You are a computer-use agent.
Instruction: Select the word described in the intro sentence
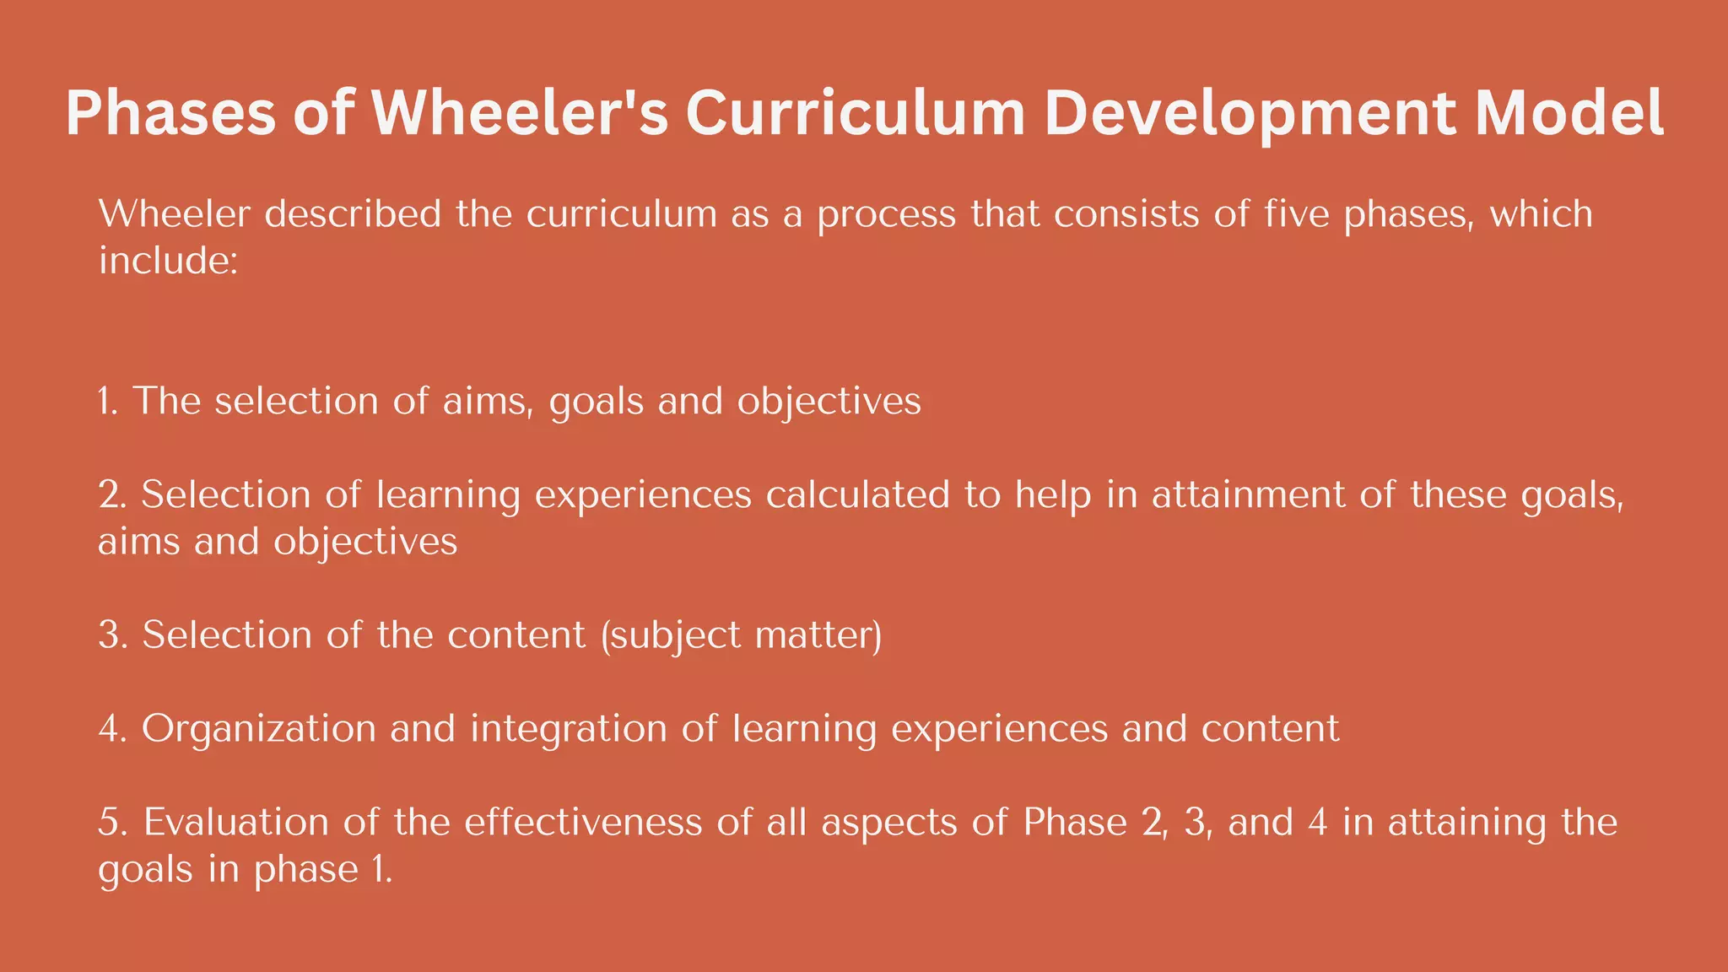point(353,214)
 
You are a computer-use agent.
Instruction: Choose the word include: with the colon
point(169,261)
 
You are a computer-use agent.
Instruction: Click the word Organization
point(258,729)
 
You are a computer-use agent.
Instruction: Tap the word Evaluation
point(235,822)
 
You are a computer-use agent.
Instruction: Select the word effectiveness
point(583,822)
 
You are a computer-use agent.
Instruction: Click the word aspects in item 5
point(889,823)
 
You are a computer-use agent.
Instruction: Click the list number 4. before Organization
point(112,729)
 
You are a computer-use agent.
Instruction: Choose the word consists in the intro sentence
point(1126,214)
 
